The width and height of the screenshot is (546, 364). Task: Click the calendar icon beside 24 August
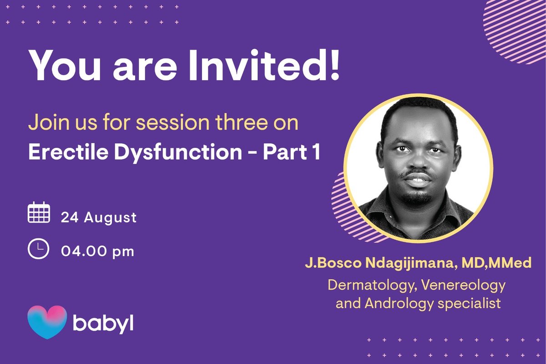39,213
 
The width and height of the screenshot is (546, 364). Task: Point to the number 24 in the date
70,217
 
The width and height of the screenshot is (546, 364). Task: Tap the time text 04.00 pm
98,251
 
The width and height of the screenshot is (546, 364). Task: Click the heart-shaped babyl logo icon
47,322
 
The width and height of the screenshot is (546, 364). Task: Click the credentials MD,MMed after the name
498,264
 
